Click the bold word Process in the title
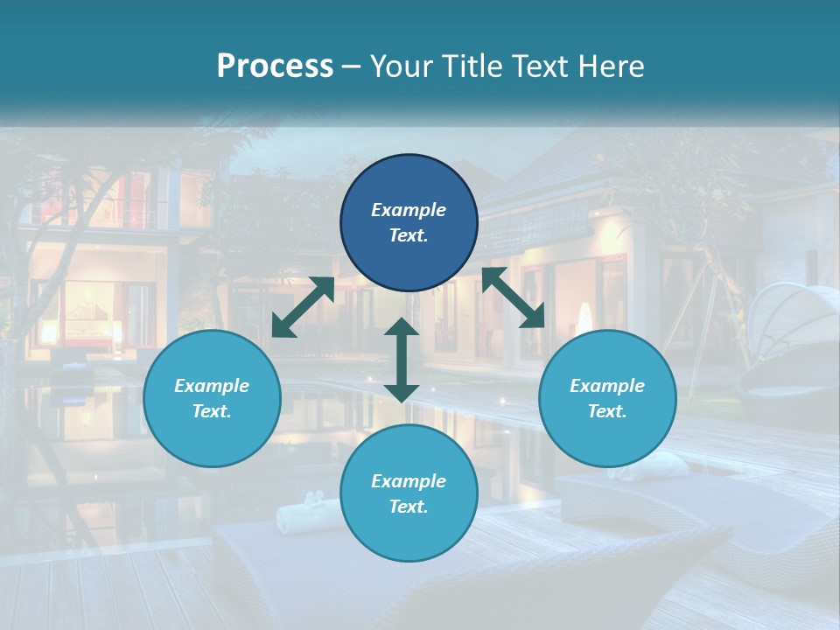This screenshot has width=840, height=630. (x=275, y=66)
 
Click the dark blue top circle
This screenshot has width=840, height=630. (x=409, y=223)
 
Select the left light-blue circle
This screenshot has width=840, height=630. (x=212, y=398)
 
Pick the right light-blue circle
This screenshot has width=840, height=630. (x=607, y=398)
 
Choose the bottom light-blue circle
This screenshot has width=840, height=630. (x=409, y=493)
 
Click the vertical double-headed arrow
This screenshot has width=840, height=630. (x=402, y=360)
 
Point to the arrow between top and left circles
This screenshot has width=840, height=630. (x=303, y=307)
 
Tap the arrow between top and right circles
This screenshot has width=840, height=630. (x=513, y=297)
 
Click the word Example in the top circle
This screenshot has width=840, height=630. (x=409, y=210)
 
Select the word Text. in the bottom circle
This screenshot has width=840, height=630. (x=409, y=507)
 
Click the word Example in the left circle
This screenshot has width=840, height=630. (x=212, y=386)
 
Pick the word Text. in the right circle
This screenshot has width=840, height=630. (x=607, y=411)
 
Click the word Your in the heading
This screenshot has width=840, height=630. (x=400, y=66)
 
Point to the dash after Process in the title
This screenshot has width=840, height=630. (x=351, y=67)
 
